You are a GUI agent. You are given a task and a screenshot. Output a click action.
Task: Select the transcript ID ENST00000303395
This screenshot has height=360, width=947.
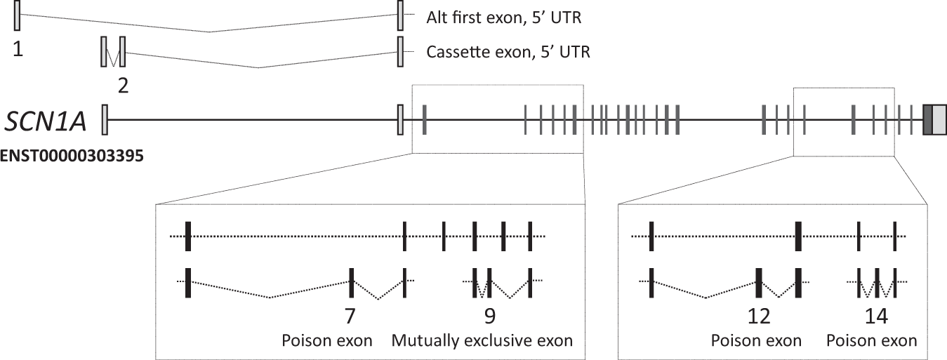pos(72,155)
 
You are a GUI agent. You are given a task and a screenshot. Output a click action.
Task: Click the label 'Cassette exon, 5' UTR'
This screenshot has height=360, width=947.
pos(508,52)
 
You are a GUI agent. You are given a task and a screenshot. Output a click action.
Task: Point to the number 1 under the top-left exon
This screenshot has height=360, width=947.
pos(17,50)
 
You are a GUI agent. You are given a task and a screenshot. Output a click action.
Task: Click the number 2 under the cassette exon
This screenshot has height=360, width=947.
pos(123,86)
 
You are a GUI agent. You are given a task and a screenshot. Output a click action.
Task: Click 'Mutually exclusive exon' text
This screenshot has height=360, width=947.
pos(482,341)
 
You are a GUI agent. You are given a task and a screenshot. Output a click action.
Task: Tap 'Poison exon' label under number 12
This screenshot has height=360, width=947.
pos(756,341)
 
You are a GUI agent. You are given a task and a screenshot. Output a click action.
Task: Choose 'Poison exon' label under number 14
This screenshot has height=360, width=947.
pos(872,341)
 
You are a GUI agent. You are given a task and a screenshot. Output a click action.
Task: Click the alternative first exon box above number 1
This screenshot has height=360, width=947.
pos(17,15)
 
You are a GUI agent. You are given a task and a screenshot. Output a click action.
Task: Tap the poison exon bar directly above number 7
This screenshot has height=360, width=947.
pos(351,282)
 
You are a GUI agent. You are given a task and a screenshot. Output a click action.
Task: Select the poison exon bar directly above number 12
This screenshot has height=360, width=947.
pos(759,282)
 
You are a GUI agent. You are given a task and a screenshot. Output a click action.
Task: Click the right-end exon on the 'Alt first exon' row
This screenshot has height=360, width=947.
pos(400,15)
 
